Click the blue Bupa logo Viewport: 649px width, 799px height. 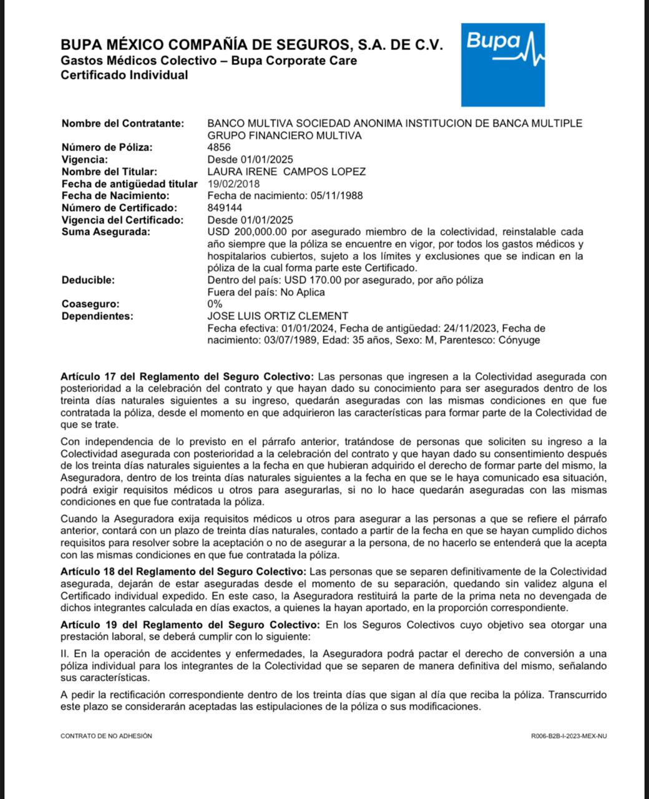[502, 65]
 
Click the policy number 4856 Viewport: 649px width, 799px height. [218, 147]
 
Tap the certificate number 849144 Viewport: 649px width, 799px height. [225, 208]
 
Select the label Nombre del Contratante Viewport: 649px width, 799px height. [123, 124]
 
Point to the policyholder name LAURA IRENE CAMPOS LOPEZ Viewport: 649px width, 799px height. [286, 172]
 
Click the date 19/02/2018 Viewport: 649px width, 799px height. [233, 184]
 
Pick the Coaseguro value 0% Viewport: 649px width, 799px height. [215, 304]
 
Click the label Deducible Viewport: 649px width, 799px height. [88, 280]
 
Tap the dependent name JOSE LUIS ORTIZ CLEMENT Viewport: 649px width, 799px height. [278, 316]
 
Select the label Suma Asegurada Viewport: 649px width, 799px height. [105, 232]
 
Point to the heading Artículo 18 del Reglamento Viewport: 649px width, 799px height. [183, 572]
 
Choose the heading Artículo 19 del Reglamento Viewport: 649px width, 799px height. [190, 625]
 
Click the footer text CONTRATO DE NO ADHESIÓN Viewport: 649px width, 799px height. [106, 736]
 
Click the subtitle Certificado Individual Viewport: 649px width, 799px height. [124, 76]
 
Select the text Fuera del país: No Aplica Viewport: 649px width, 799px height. [266, 292]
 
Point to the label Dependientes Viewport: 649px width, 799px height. [97, 316]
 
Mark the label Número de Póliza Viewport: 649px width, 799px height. [107, 147]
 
